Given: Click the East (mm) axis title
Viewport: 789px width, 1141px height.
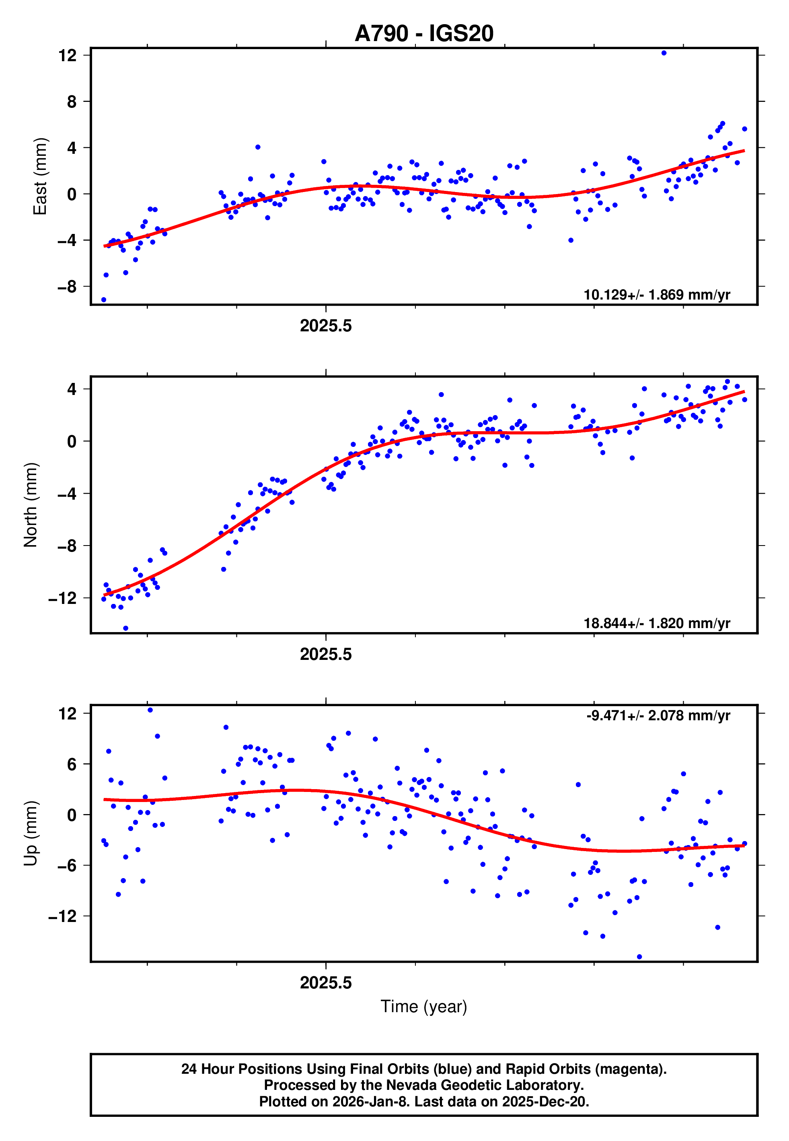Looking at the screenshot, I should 39,176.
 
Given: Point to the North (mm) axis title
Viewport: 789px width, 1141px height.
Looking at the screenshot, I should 31,505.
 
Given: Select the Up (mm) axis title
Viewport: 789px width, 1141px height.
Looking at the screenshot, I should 31,833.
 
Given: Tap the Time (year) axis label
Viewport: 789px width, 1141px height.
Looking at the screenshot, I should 424,1007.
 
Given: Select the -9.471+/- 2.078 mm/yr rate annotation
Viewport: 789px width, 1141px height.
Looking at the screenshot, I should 658,715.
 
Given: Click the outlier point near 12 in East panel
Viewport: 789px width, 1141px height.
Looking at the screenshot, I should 664,53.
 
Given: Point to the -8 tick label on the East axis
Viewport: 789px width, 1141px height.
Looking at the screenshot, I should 67,287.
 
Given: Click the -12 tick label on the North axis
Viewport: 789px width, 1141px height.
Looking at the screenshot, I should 63,598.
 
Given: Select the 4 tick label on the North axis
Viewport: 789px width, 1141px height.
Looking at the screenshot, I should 72,389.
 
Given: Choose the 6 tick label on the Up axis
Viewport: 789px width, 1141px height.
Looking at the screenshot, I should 72,764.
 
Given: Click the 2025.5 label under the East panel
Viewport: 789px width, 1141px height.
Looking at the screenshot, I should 326,326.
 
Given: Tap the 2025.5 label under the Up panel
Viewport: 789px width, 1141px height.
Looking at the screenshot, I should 326,983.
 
